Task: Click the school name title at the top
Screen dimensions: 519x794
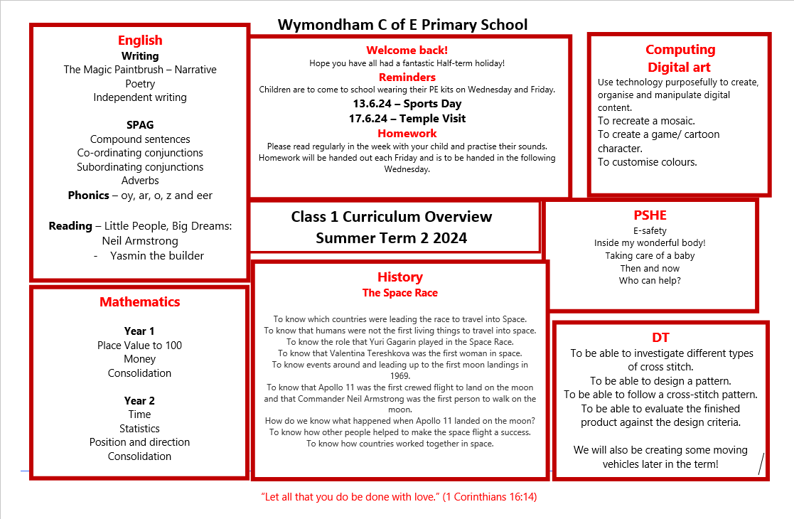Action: pyautogui.click(x=402, y=25)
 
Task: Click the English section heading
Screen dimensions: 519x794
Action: pyautogui.click(x=140, y=41)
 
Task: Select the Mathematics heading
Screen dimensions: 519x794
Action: pyautogui.click(x=139, y=302)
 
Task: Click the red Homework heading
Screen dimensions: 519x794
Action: pyautogui.click(x=407, y=133)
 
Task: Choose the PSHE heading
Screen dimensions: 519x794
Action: pyautogui.click(x=650, y=215)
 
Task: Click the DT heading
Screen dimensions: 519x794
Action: pyautogui.click(x=660, y=338)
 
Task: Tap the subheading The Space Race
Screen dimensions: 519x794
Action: pyautogui.click(x=399, y=293)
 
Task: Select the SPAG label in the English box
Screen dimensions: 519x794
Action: pyautogui.click(x=140, y=125)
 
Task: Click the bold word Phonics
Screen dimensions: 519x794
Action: pyautogui.click(x=88, y=195)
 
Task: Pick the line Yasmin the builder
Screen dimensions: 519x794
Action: pyautogui.click(x=157, y=255)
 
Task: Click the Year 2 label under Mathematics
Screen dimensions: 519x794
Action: pyautogui.click(x=139, y=400)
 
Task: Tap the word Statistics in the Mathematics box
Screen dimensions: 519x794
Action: pyautogui.click(x=139, y=428)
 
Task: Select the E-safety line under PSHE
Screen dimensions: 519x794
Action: pyautogui.click(x=650, y=230)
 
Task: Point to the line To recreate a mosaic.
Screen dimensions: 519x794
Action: pyautogui.click(x=646, y=121)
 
